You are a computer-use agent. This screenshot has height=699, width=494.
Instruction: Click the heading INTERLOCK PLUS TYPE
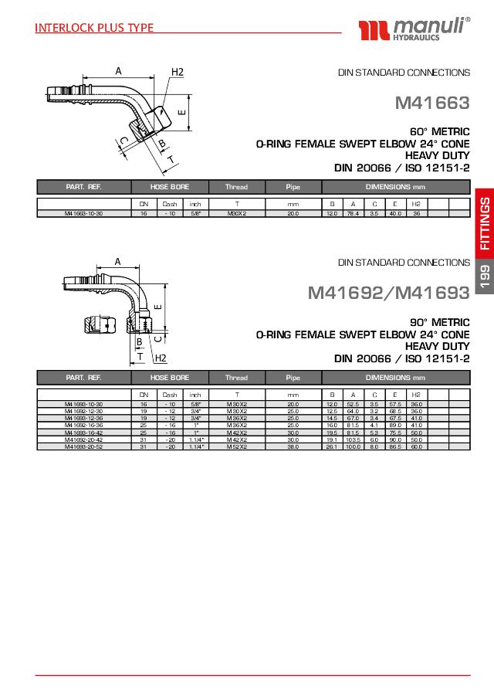[94, 28]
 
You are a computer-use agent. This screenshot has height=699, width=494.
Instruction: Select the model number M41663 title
[432, 102]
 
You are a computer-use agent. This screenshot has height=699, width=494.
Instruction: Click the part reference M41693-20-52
[84, 446]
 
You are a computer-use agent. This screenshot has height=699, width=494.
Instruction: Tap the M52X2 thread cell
[236, 446]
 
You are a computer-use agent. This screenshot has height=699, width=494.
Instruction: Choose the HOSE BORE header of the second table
[170, 378]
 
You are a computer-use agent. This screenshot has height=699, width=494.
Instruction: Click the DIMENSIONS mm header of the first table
[395, 187]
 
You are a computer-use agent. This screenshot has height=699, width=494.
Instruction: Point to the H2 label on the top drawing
[177, 72]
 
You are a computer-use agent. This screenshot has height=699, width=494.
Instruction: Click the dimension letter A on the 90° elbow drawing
[117, 261]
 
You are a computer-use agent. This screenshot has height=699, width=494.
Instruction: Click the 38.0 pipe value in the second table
[293, 446]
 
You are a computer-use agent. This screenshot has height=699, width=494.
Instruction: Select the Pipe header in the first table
[293, 187]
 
